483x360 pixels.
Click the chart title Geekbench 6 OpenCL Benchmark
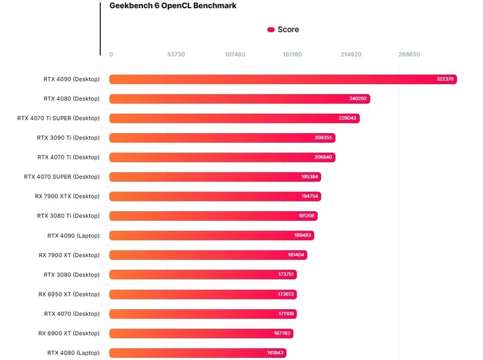[x=172, y=6]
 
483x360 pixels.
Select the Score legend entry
[x=283, y=30]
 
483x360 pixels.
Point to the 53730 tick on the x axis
[x=176, y=54]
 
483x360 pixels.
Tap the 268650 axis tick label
[x=408, y=54]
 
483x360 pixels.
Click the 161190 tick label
[x=293, y=54]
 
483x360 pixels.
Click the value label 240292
[x=358, y=99]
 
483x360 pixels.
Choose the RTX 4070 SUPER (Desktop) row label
[x=61, y=177]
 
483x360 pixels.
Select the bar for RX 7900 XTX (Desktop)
[x=215, y=197]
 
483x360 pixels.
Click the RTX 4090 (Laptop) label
[x=73, y=235]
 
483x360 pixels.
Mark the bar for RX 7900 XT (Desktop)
[x=208, y=255]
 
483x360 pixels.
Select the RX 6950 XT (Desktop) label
[x=69, y=294]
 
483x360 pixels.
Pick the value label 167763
[x=283, y=333]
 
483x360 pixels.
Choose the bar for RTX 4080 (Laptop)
[x=197, y=353]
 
